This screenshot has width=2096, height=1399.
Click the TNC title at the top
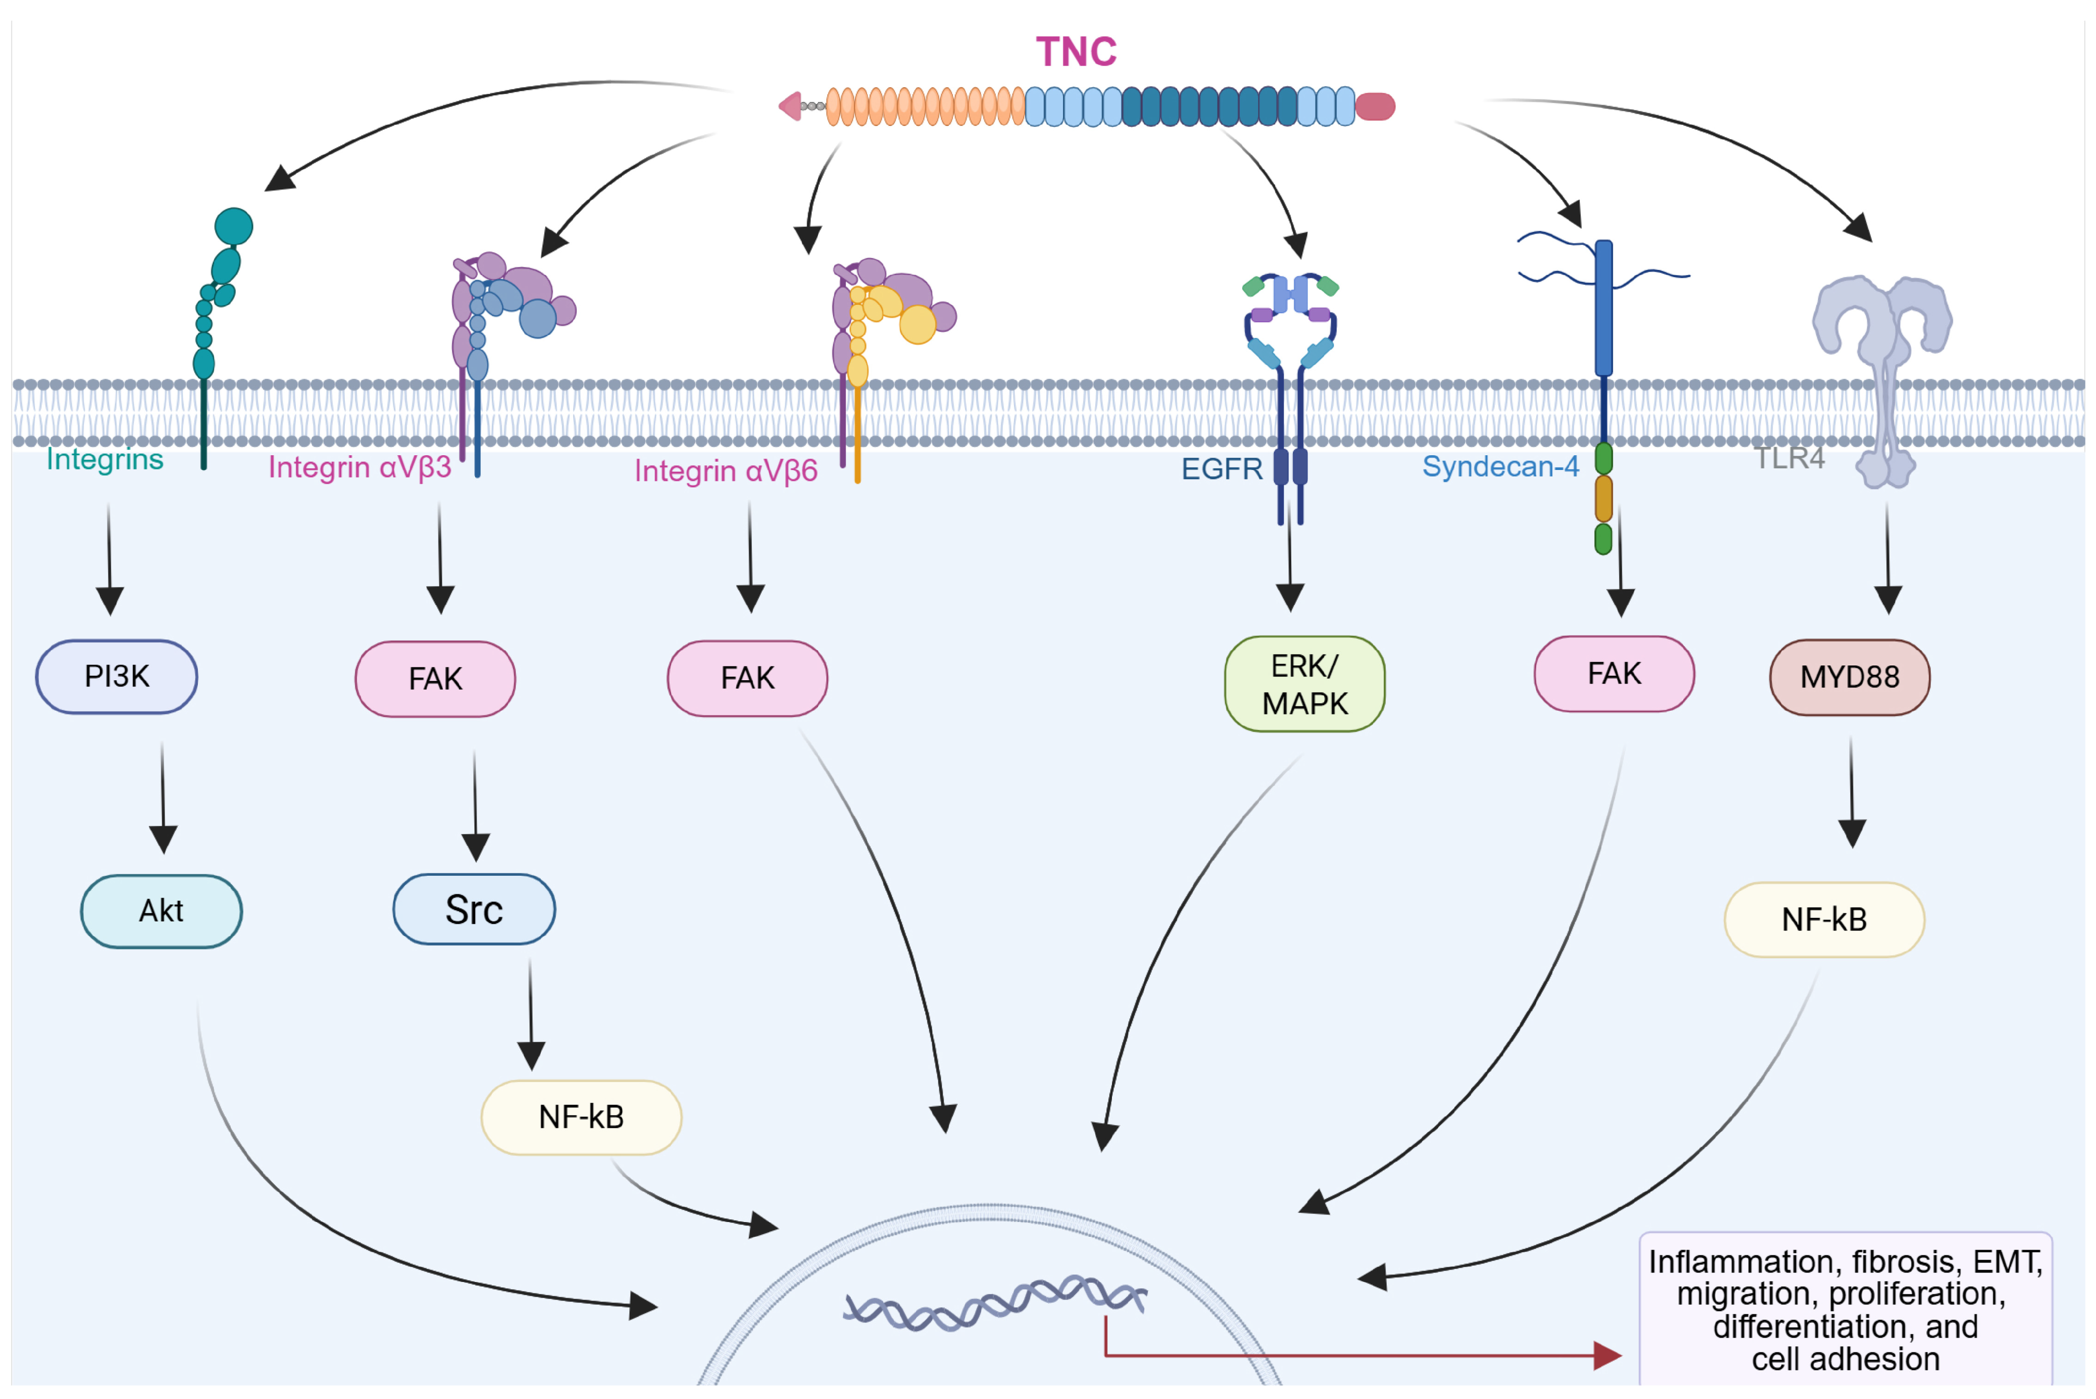click(x=1076, y=52)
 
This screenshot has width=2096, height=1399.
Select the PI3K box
click(x=117, y=676)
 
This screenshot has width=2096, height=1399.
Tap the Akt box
click(x=161, y=911)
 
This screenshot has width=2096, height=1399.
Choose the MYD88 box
click(x=1849, y=677)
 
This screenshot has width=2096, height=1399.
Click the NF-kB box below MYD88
click(x=1824, y=920)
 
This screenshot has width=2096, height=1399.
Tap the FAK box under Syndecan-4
click(x=1613, y=674)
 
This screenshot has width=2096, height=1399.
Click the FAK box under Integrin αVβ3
click(x=435, y=679)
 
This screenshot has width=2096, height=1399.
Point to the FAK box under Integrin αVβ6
click(x=748, y=678)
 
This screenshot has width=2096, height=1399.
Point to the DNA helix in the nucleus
click(x=994, y=1302)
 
